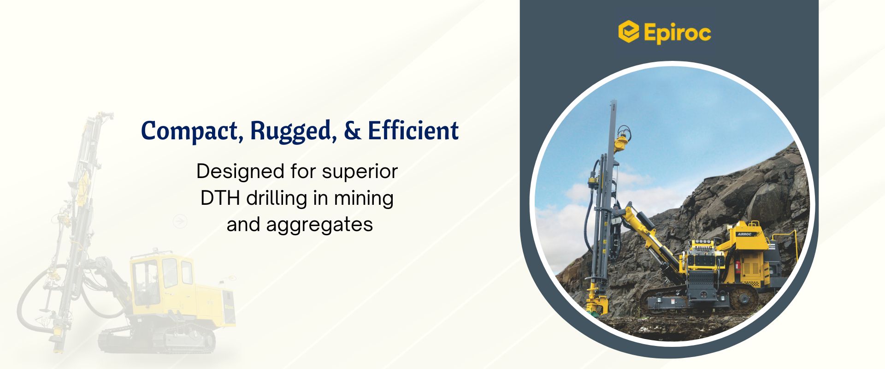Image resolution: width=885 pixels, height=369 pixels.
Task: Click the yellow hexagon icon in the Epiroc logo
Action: coord(628,31)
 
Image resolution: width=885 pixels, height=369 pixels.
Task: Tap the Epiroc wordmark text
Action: coord(677,32)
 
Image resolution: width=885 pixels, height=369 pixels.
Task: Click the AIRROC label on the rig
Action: coord(744,234)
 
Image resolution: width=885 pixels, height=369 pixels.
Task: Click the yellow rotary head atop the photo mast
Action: coord(622,139)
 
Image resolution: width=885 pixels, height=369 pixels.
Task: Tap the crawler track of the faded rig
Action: coord(157,342)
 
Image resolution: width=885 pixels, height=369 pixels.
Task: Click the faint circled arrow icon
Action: coord(180,221)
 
